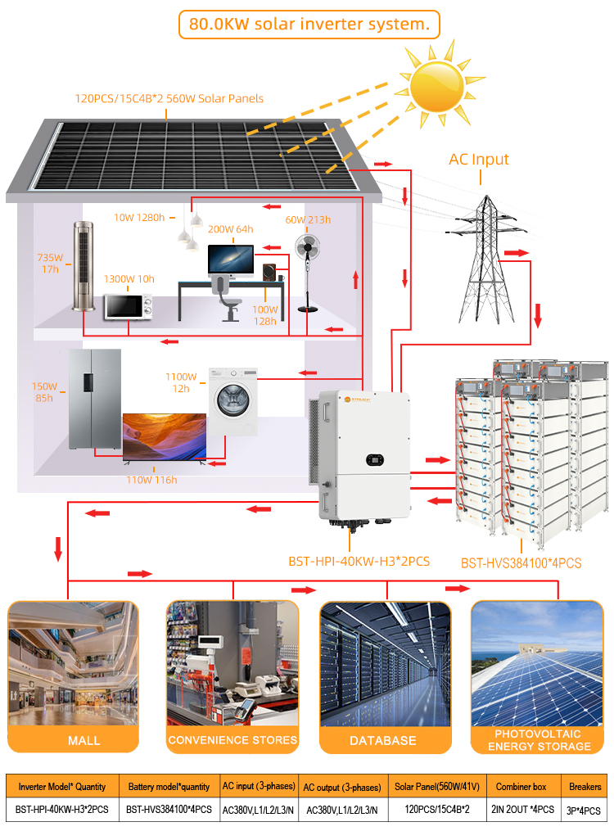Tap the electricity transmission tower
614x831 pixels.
point(485,260)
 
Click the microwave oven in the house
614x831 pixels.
point(128,307)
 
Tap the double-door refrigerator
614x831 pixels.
point(95,399)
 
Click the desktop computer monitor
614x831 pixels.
point(230,260)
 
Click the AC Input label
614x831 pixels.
point(478,159)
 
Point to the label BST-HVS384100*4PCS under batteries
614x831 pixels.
point(521,562)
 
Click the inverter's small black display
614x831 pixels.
point(375,459)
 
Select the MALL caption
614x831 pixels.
point(84,740)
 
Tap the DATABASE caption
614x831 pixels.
point(383,740)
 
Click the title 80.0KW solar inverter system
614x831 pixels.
point(309,24)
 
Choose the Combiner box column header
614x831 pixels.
point(521,787)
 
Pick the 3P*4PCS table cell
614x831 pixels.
point(583,811)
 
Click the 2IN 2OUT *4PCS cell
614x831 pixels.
point(522,809)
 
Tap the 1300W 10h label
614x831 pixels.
point(129,278)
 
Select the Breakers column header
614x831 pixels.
point(585,787)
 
